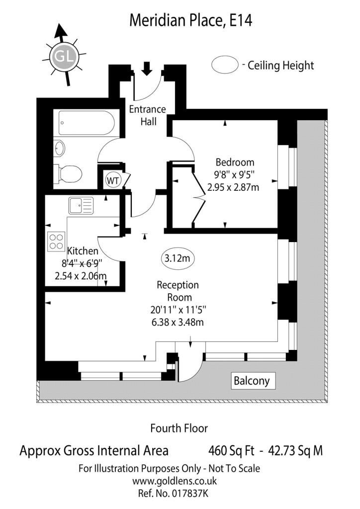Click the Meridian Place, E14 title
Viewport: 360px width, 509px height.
click(191, 20)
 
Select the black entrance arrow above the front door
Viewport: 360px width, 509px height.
click(147, 69)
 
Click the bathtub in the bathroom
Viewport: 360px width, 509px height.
click(87, 123)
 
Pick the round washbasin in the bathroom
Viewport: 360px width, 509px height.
click(59, 148)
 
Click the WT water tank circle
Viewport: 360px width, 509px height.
click(113, 180)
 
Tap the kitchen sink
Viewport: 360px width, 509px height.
click(81, 205)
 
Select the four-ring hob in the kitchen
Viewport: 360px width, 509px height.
click(56, 242)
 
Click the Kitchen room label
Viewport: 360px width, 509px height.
click(83, 251)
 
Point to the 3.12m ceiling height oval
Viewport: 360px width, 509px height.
click(177, 258)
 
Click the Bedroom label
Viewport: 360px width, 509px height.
click(235, 162)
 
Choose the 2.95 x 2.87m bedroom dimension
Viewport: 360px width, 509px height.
click(233, 187)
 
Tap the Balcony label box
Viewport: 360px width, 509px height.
click(252, 380)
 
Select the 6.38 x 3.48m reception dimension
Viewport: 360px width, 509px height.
click(178, 322)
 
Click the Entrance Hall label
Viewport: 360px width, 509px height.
click(148, 115)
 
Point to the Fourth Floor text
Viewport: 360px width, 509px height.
click(179, 428)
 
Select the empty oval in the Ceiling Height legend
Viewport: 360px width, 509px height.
click(225, 64)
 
